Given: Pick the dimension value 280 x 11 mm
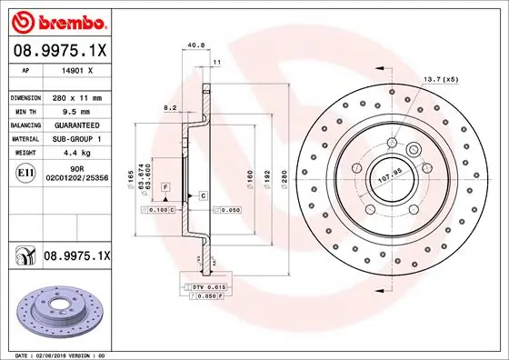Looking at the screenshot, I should pos(77,96).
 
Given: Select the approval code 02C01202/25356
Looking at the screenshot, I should pos(77,179).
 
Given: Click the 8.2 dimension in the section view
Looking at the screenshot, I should pos(169,107).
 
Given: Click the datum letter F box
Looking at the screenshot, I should pos(166,185).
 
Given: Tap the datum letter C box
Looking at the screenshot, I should pos(203,195).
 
